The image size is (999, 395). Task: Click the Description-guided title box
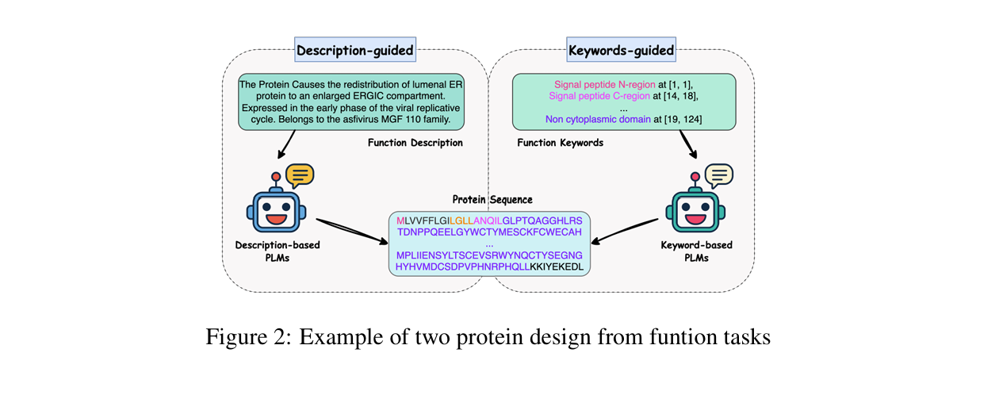pos(355,49)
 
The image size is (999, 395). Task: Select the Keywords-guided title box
pos(621,49)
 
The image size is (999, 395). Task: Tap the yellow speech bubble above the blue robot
pos(300,175)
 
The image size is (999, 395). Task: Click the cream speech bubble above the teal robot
pos(719,175)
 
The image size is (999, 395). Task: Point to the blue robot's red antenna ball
pos(276,177)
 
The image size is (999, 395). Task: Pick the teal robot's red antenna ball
pos(695,177)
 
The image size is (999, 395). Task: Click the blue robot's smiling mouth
pos(277,219)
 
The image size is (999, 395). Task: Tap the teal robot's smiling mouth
pos(696,219)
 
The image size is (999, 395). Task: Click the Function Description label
pos(415,143)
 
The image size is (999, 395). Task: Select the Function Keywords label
pos(560,143)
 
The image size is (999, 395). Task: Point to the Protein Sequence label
pos(492,200)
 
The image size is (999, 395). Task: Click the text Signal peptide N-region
pos(605,84)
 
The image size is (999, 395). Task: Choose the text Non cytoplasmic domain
pos(598,119)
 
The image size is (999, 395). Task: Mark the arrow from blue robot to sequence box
pos(352,231)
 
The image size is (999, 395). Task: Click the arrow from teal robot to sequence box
pos(625,231)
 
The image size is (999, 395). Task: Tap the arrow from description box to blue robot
pos(286,144)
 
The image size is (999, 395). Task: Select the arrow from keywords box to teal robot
pos(688,144)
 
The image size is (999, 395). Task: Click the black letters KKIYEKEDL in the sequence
pos(557,267)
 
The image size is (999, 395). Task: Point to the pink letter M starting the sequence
pos(400,221)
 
